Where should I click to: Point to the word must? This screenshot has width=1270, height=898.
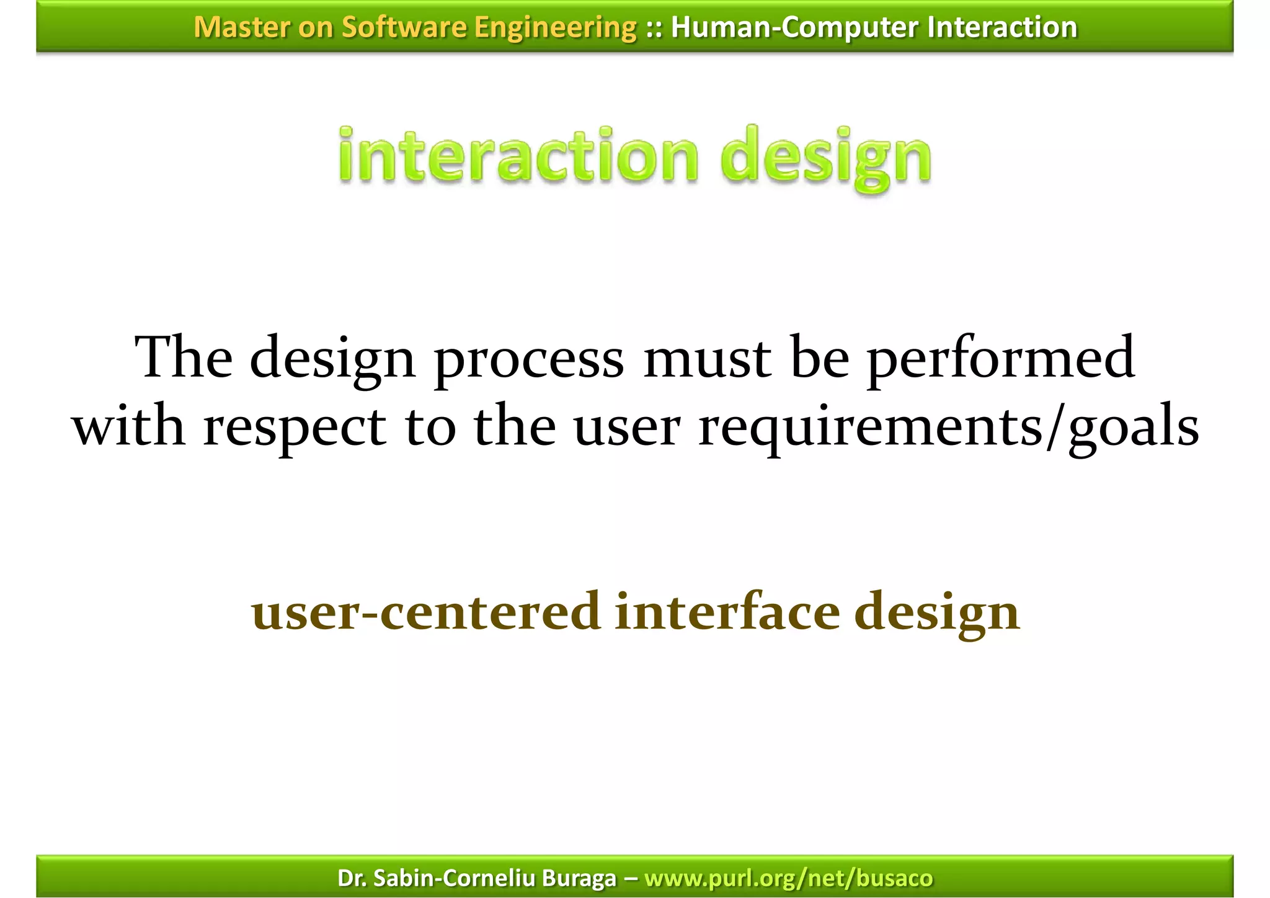pyautogui.click(x=707, y=358)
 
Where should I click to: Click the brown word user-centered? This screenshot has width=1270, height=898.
pyautogui.click(x=426, y=612)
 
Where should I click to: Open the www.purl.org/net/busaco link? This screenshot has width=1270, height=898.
pyautogui.click(x=788, y=878)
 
